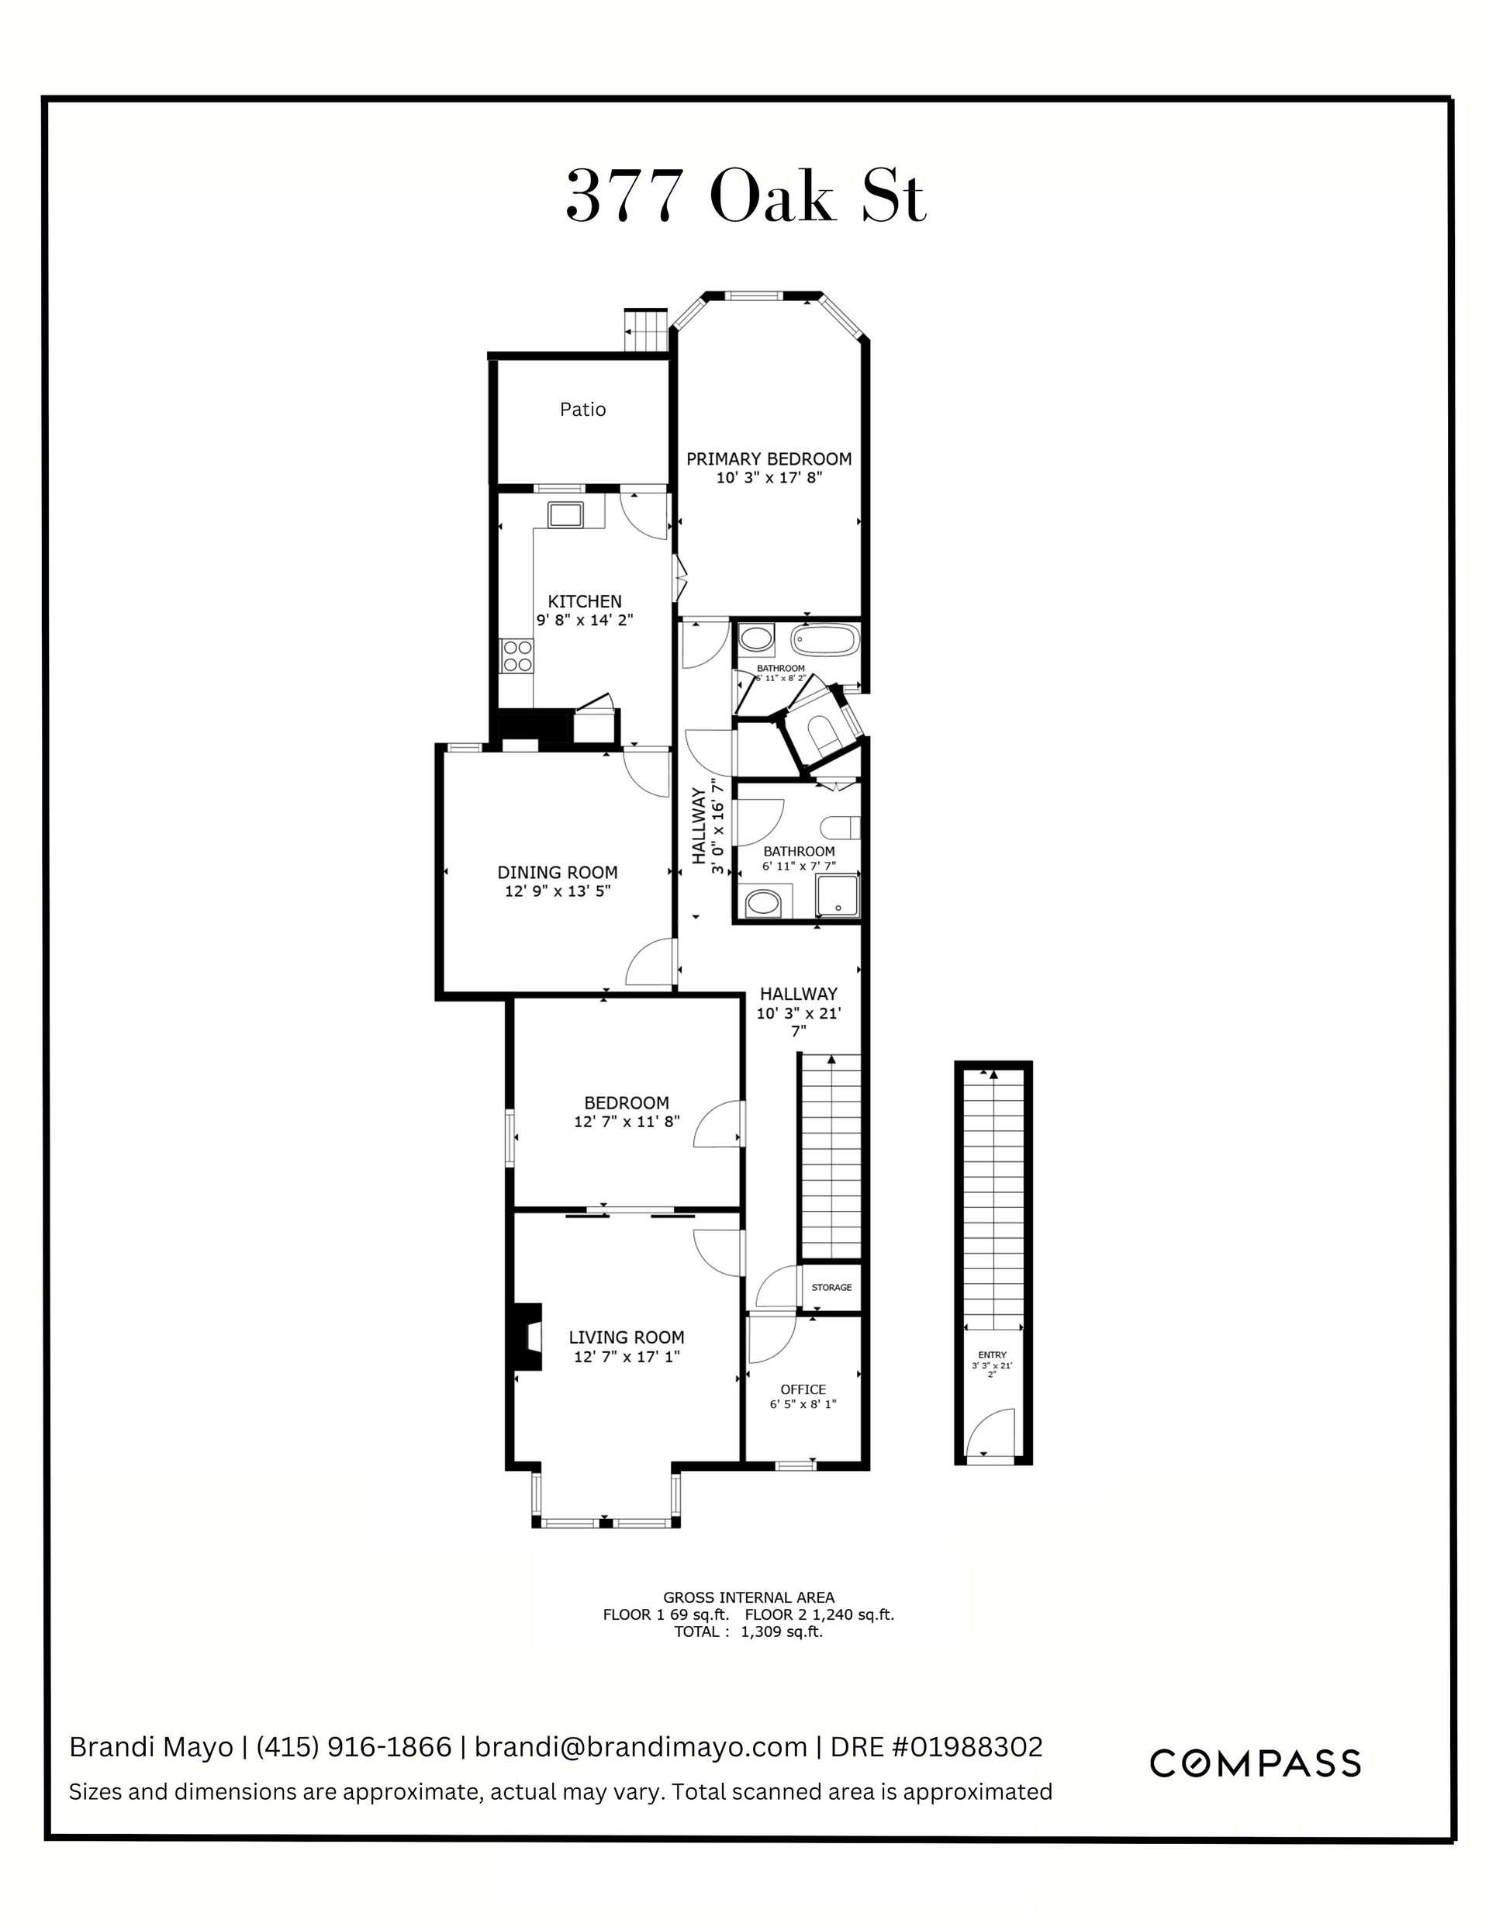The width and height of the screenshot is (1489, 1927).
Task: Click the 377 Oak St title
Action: tap(745, 197)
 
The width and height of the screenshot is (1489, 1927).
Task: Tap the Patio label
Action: tap(583, 410)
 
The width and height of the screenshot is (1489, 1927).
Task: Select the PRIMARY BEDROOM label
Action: tap(769, 458)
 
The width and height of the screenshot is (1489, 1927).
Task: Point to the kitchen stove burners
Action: tap(517, 656)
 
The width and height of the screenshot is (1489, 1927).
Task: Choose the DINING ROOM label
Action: tap(558, 873)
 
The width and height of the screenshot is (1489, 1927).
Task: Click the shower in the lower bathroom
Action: tap(837, 895)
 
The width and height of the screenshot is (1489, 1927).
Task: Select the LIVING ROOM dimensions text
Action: tap(627, 1357)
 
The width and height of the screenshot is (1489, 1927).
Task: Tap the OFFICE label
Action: tap(803, 1389)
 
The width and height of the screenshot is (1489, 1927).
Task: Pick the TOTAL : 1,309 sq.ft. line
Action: tap(748, 1631)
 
